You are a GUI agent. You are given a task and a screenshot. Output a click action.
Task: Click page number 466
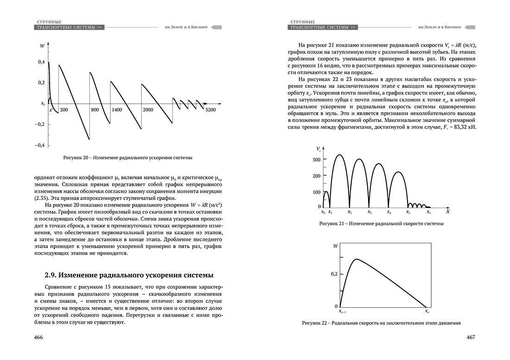tap(38, 337)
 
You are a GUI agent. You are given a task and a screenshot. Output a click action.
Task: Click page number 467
tap(471, 337)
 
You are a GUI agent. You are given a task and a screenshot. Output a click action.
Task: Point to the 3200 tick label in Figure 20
tap(211, 110)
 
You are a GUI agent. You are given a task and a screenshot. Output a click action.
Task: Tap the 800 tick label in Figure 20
tap(95, 110)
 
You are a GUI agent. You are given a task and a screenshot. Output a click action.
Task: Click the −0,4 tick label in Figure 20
tap(40, 145)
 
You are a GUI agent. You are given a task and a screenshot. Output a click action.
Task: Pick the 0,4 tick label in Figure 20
tap(41, 62)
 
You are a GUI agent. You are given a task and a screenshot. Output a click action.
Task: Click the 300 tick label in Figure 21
tap(316, 159)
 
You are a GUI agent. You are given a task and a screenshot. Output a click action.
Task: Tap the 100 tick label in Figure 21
tap(316, 192)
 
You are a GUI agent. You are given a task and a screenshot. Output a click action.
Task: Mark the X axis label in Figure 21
tap(447, 212)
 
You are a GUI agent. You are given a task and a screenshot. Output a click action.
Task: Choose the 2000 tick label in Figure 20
tap(148, 110)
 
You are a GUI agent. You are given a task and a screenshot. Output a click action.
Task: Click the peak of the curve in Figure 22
tap(356, 259)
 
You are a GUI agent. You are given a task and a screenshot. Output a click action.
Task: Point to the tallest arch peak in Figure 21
tap(339, 155)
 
